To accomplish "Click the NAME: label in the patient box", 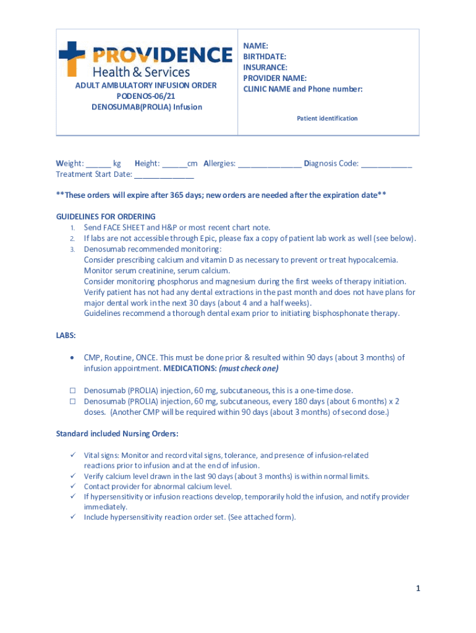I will point(255,45).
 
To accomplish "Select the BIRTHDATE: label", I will point(265,56).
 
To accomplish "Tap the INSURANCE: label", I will point(265,67).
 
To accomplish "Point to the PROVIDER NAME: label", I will point(274,78).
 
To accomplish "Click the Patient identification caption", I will point(327,118).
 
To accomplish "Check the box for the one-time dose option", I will point(72,391).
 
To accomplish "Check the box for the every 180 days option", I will point(72,401).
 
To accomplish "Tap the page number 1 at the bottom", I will point(418,588).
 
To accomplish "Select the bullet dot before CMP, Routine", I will point(72,357).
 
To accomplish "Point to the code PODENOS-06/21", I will point(146,96).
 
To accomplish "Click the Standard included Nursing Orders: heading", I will point(117,434).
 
